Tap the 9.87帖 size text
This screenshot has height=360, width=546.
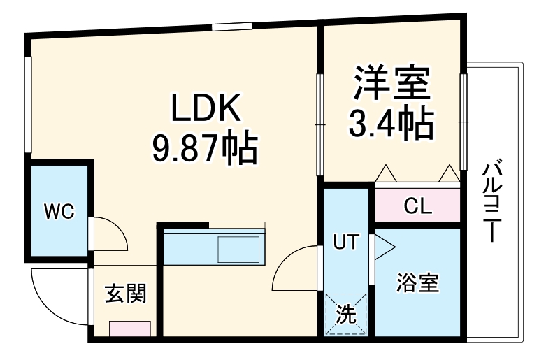205,147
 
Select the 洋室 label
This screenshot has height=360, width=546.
390,82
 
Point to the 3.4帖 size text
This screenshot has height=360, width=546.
390,124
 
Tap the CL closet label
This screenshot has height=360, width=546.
418,207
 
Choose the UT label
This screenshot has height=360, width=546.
345,243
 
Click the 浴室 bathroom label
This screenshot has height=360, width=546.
417,284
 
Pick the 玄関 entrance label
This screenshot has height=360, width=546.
126,294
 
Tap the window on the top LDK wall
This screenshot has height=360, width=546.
231,27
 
